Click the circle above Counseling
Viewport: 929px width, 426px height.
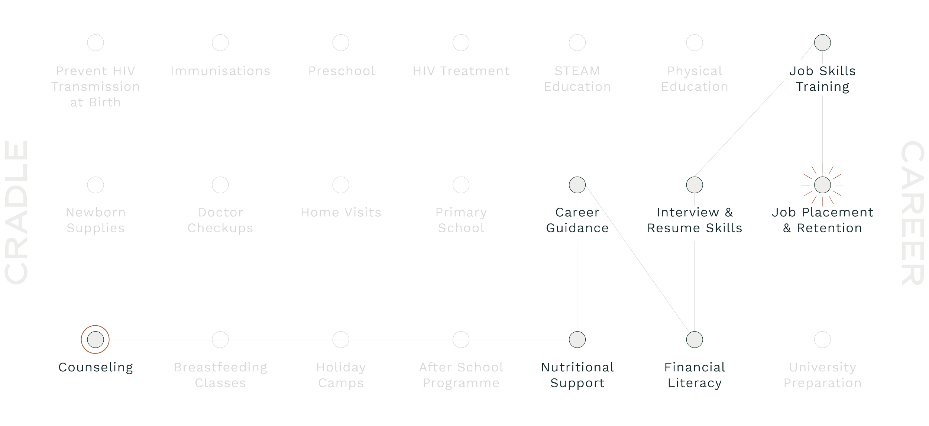[96, 339]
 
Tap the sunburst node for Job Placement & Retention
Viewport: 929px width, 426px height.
[822, 185]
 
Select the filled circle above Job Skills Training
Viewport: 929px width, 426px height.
[822, 42]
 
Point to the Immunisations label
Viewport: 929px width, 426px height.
[220, 71]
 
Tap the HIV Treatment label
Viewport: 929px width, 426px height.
[461, 71]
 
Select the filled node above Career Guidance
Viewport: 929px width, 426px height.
[577, 185]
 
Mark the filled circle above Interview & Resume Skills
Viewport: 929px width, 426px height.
[694, 185]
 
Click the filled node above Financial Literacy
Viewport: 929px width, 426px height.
[694, 339]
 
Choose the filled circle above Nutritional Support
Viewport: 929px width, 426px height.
[577, 339]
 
